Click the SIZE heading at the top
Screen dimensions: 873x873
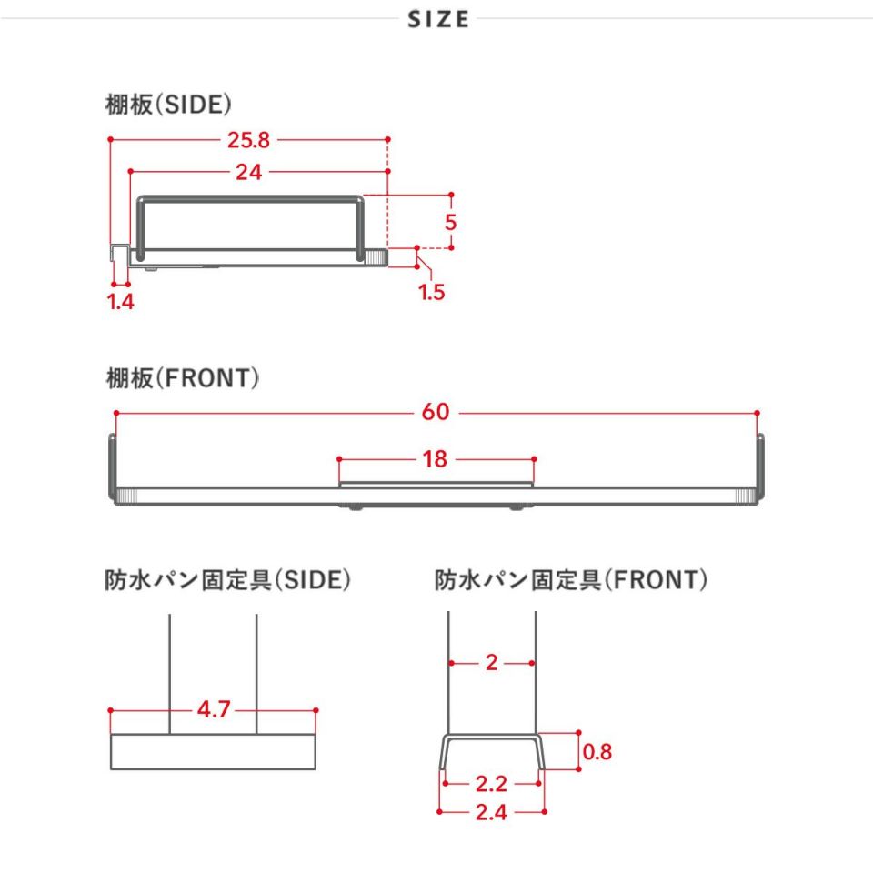click(x=438, y=19)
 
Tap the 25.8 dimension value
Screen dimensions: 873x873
click(x=248, y=140)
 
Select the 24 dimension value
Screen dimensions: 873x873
click(x=248, y=172)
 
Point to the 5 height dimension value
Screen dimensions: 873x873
click(x=450, y=222)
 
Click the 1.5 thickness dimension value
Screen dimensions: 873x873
click(x=431, y=292)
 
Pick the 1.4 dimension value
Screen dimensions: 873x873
click(x=120, y=302)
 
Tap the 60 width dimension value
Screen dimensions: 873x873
click(x=436, y=412)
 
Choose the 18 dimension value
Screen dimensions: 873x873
click(x=435, y=459)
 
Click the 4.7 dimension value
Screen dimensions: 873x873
click(x=214, y=709)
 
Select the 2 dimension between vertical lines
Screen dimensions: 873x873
click(x=491, y=663)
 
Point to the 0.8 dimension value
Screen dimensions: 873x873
click(x=597, y=752)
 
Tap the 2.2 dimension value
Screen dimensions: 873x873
click(x=491, y=784)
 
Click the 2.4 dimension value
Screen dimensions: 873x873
click(x=491, y=812)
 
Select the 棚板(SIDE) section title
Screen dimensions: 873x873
click(x=169, y=104)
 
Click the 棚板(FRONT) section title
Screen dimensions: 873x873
click(x=183, y=378)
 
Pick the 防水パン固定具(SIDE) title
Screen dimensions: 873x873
click(x=227, y=579)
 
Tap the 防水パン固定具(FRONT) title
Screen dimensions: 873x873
click(x=571, y=579)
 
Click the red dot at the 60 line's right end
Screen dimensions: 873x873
click(x=758, y=413)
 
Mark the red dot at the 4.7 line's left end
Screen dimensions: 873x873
click(x=111, y=710)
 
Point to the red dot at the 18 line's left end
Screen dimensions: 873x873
click(x=339, y=459)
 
